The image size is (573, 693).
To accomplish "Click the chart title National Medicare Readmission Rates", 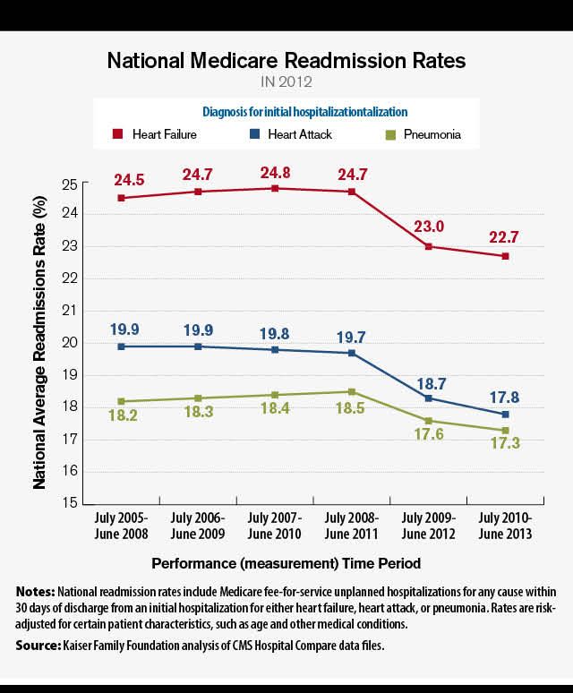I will point(286,61).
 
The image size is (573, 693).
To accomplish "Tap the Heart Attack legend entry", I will point(291,134).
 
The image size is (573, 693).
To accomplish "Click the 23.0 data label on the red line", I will point(428,227).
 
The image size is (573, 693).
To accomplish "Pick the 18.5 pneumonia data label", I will point(351,412).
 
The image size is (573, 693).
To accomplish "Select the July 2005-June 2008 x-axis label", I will point(121,526).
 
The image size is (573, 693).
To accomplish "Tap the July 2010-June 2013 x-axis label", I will point(506,526).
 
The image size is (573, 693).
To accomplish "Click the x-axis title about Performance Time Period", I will point(286,563).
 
